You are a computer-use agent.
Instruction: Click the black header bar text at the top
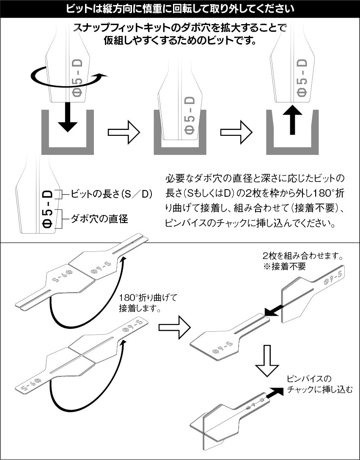click(180, 8)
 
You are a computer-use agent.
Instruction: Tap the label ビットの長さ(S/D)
click(108, 194)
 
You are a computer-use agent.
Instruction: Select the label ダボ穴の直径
click(99, 219)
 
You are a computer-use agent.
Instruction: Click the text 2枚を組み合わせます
click(302, 257)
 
